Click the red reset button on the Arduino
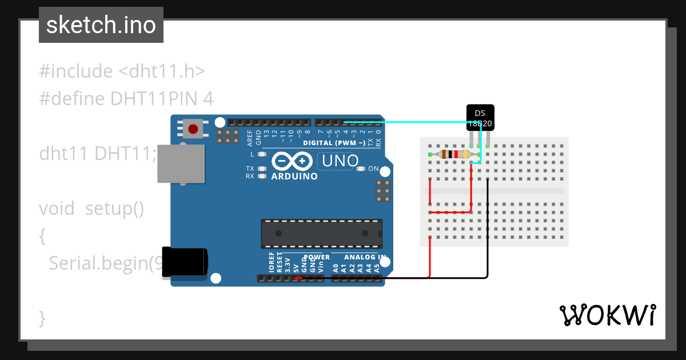(193, 129)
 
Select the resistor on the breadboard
(454, 154)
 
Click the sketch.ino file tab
(101, 25)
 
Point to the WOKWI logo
(607, 315)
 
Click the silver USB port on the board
(181, 163)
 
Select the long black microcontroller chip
(322, 233)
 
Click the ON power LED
(361, 169)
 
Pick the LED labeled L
(262, 154)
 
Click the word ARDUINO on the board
(294, 177)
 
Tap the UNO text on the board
(340, 161)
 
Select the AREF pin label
(250, 137)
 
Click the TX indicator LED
(262, 169)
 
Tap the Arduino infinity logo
(293, 161)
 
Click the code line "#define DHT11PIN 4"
(126, 99)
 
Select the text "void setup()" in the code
(91, 209)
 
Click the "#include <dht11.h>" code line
(122, 71)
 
